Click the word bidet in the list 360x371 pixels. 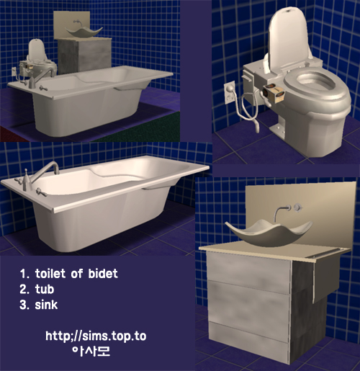point(103,274)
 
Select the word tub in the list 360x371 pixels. point(45,289)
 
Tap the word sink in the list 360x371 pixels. point(46,305)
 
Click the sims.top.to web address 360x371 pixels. point(96,336)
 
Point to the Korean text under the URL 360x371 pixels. point(91,351)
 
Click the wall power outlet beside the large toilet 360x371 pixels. point(229,93)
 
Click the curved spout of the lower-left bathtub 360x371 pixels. point(46,170)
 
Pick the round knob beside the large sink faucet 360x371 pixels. point(298,207)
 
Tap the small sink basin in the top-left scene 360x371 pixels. point(84,32)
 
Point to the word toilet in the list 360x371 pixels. point(50,274)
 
